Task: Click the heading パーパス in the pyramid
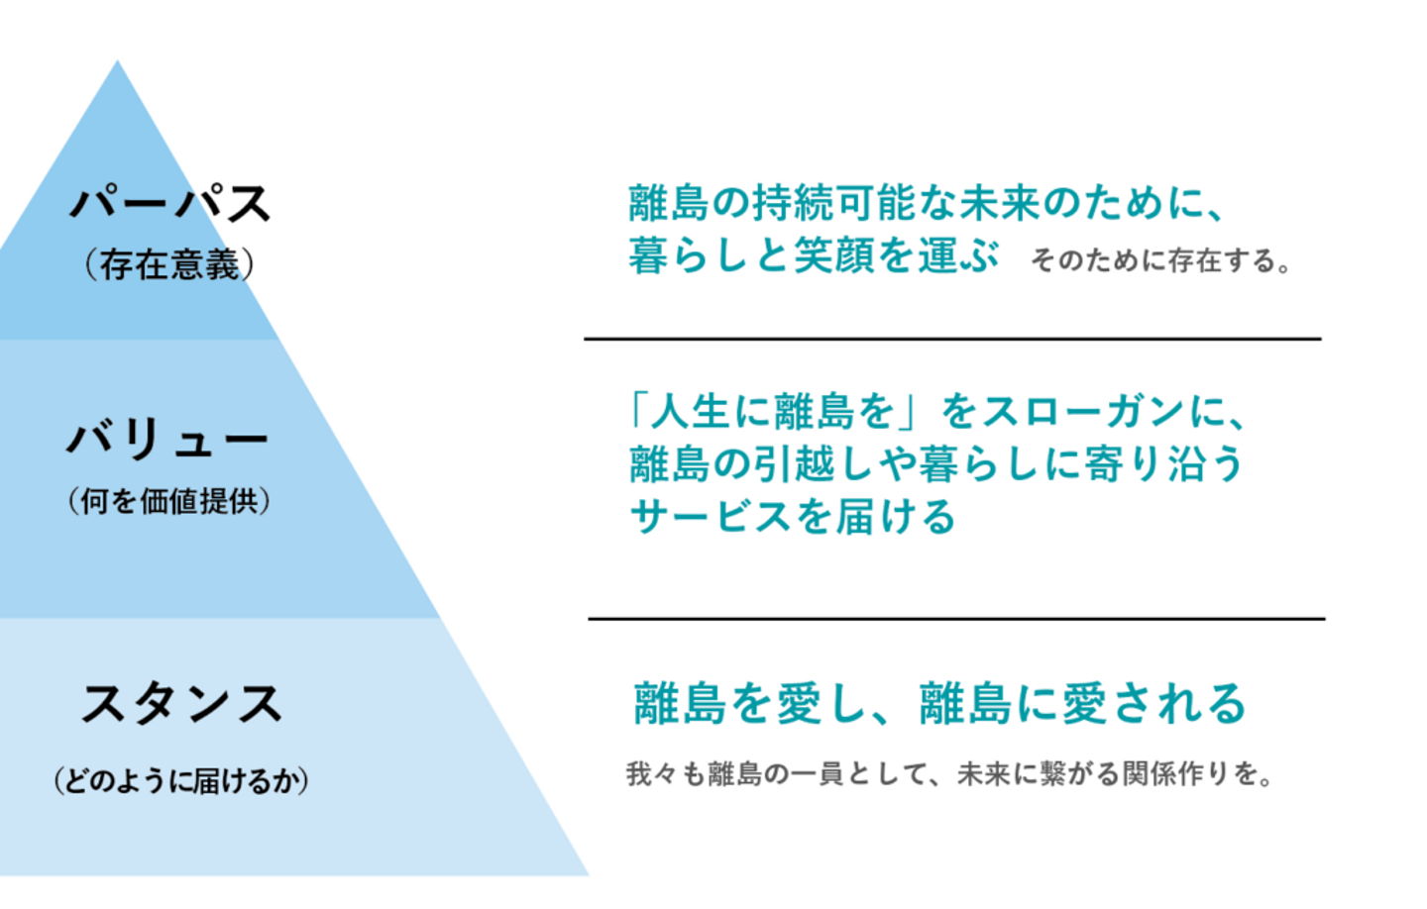pos(170,204)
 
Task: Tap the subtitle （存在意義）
pos(169,264)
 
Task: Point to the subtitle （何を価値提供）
pos(169,501)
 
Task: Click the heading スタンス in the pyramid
pos(181,705)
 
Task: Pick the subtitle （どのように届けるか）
pos(181,781)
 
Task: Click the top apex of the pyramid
pos(118,65)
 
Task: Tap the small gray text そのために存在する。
pos(1161,261)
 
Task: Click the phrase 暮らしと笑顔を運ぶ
pos(814,255)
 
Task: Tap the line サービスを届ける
pos(793,517)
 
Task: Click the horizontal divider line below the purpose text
pos(952,339)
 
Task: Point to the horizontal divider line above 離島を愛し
pos(956,619)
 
